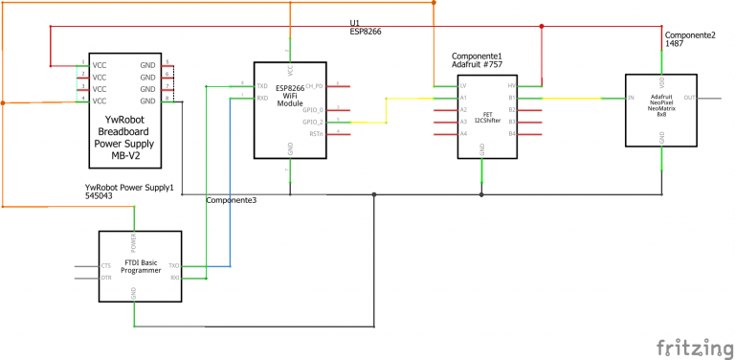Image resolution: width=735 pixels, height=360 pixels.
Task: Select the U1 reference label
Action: pyautogui.click(x=354, y=21)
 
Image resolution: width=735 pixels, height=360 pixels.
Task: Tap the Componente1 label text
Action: pyautogui.click(x=477, y=56)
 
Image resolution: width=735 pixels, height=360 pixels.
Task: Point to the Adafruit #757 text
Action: pyautogui.click(x=478, y=65)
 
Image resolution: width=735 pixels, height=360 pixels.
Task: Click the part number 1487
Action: pyautogui.click(x=676, y=44)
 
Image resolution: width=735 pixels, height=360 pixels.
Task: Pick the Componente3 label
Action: pyautogui.click(x=232, y=199)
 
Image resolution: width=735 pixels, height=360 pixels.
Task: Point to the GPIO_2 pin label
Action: pyautogui.click(x=314, y=123)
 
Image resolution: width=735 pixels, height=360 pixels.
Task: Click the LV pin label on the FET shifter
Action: pyautogui.click(x=462, y=86)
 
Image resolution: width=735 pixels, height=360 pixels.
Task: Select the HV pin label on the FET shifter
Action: pyautogui.click(x=512, y=86)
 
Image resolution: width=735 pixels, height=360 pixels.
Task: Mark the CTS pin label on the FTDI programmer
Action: pyautogui.click(x=106, y=265)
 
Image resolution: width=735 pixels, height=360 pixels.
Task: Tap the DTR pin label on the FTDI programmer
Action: pyautogui.click(x=106, y=278)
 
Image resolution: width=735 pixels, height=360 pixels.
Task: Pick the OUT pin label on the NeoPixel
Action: pyautogui.click(x=690, y=98)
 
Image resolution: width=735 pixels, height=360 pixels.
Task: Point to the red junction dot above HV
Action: pyautogui.click(x=542, y=26)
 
